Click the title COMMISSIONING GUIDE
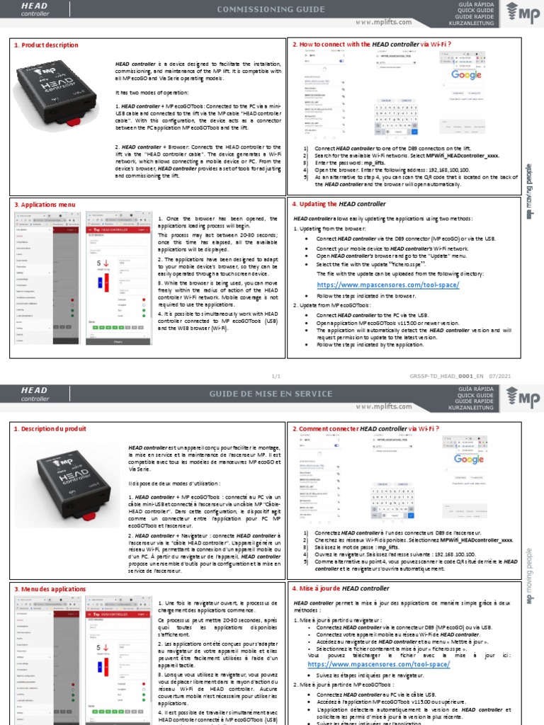(272, 9)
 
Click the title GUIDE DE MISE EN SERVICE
(272, 393)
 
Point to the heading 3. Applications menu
(45, 204)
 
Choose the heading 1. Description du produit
(50, 429)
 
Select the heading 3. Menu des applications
(50, 588)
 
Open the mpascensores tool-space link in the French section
(378, 665)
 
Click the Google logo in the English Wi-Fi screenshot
(467, 74)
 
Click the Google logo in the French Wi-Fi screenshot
(467, 459)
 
